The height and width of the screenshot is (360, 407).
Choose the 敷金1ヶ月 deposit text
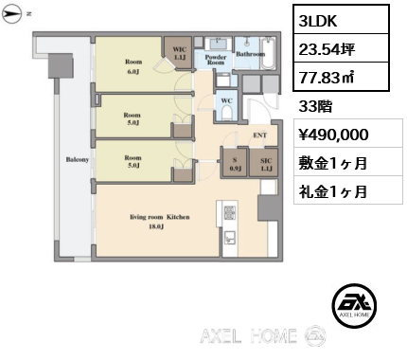pos(333,162)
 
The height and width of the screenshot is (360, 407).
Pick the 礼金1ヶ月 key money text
pos(333,190)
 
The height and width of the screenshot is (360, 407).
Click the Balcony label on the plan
pos(77,160)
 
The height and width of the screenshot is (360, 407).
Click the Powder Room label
pos(215,59)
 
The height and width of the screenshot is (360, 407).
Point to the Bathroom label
pos(250,54)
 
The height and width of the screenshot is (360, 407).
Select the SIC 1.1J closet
pos(267,165)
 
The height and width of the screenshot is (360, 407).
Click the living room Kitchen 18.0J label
pos(160,221)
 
